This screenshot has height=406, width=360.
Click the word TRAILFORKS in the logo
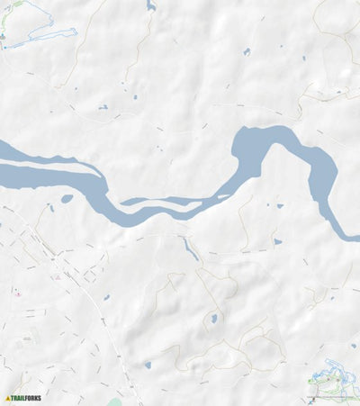[27, 397]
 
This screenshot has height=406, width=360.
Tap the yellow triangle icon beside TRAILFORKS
[8, 397]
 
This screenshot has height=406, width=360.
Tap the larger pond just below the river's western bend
[67, 199]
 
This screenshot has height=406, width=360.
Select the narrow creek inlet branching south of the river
[189, 248]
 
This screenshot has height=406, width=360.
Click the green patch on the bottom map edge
[114, 402]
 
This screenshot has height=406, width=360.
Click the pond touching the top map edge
[150, 5]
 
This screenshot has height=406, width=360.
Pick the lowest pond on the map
[146, 365]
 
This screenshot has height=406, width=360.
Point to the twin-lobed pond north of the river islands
[103, 108]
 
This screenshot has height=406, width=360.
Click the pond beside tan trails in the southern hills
[213, 319]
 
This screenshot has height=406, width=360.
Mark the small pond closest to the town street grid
[106, 298]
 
